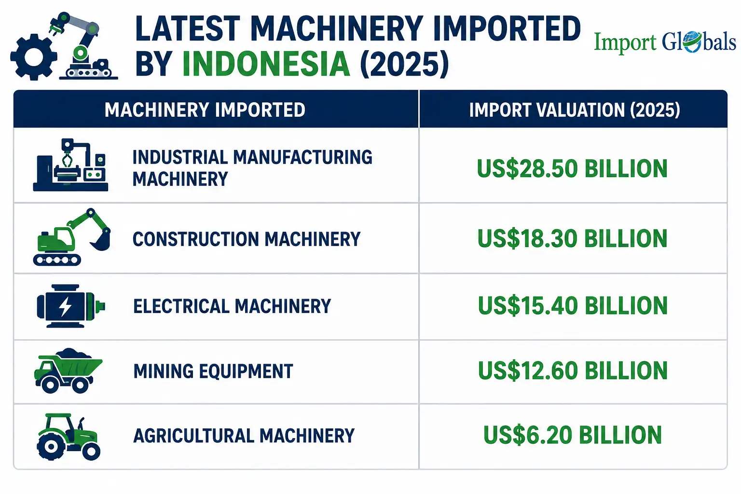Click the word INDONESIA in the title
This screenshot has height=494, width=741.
coord(266,64)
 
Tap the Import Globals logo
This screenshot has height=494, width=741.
coord(665,42)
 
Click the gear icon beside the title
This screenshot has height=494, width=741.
coord(33,57)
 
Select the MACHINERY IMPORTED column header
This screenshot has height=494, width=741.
coord(205,110)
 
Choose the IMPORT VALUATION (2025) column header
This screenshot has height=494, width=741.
coord(575,110)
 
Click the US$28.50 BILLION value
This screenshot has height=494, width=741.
coord(572,169)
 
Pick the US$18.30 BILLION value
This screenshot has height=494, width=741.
coord(572,238)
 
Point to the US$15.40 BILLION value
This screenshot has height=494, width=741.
coord(573,305)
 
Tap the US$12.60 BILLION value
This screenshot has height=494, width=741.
coord(573,370)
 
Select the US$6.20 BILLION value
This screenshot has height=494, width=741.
coord(573,435)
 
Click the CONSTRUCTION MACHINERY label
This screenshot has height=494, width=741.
coord(247,239)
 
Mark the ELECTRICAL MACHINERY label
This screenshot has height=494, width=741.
coord(232,306)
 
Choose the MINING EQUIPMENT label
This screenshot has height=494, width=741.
coord(213,371)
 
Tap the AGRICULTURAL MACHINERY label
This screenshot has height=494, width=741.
coord(244,436)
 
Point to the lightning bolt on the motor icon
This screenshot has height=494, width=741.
coord(65,307)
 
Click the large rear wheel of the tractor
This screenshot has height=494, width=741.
coord(51,446)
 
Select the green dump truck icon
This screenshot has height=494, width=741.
coord(68,370)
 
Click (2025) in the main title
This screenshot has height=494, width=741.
coord(404,64)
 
